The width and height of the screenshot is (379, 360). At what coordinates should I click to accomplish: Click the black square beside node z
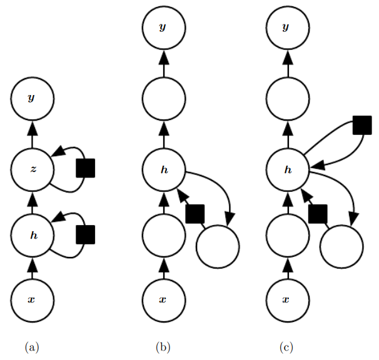[x=85, y=168]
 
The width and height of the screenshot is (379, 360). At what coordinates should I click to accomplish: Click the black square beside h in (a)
[x=85, y=235]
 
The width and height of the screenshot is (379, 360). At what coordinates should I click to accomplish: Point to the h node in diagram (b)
[x=164, y=169]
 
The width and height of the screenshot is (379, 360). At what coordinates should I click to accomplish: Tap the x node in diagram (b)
[x=164, y=299]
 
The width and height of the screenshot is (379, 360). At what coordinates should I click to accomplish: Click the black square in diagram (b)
[x=195, y=213]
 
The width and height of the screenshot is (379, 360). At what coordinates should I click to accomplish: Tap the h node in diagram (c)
[x=288, y=169]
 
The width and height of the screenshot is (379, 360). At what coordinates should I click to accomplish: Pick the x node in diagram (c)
[x=288, y=299]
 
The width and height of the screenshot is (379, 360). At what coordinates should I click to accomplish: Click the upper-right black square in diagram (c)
[x=361, y=125]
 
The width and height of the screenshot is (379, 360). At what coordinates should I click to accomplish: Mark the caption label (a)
[x=32, y=346]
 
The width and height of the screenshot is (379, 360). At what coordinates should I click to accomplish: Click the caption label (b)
[x=163, y=346]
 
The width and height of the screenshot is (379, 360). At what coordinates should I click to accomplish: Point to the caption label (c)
[x=286, y=346]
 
